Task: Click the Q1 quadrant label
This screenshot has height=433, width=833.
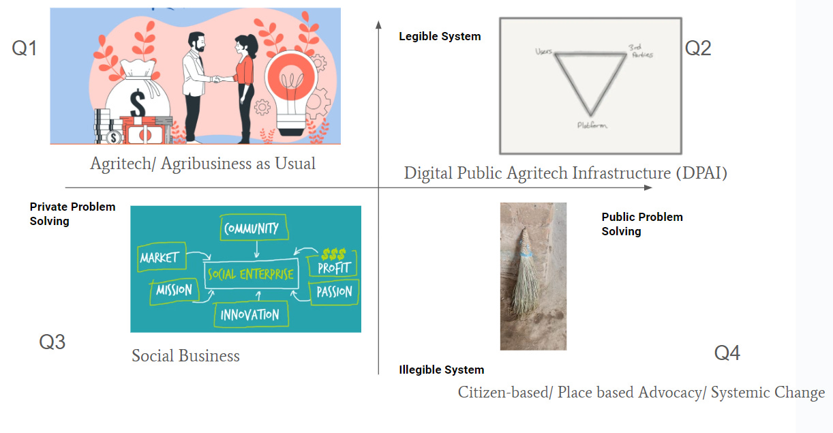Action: (x=25, y=49)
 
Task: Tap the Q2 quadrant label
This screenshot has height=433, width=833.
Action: (x=698, y=48)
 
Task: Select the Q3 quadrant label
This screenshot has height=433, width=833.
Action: (x=52, y=342)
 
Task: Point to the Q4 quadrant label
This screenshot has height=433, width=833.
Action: (x=727, y=353)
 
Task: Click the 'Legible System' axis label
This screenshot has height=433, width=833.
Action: (x=440, y=37)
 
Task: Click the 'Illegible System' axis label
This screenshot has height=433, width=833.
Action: (x=441, y=370)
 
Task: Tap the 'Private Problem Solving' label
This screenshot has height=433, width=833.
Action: (x=72, y=213)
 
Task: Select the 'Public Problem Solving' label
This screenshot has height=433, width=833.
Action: (x=641, y=224)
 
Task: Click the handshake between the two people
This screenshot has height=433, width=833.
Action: (x=220, y=80)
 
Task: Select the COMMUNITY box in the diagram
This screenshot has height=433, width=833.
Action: (x=251, y=228)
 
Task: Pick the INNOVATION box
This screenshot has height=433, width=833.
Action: (x=250, y=314)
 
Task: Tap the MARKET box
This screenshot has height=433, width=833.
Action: (x=159, y=257)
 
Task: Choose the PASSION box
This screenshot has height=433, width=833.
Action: (x=334, y=293)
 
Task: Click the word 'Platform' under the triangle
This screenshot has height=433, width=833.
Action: (x=592, y=125)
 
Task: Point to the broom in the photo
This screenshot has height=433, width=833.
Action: (x=526, y=280)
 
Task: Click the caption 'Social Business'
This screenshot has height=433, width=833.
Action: (x=185, y=355)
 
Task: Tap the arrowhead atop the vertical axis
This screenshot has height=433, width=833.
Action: (x=378, y=25)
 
